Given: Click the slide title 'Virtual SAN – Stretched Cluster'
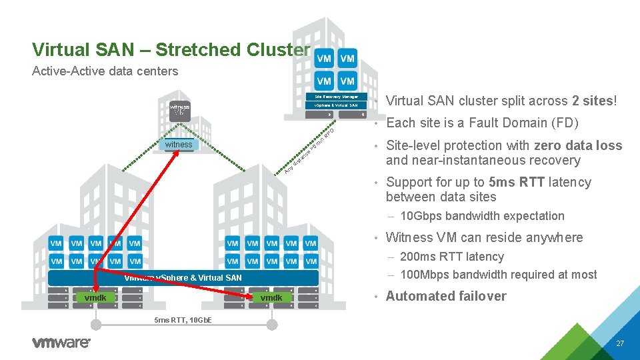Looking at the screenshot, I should tap(171, 50).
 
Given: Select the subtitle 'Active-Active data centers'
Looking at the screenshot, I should tap(105, 71).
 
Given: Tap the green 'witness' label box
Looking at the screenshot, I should tap(179, 145).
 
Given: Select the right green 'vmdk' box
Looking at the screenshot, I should tap(271, 297).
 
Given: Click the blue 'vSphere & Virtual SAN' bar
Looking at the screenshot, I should tap(183, 277).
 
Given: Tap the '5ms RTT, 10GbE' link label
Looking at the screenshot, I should tap(183, 321).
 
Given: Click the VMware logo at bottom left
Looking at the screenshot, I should tap(61, 343).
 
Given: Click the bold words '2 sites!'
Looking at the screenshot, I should tap(594, 101).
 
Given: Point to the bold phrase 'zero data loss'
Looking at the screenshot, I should tap(577, 145).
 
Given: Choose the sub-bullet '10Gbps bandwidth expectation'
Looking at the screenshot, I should tap(481, 216).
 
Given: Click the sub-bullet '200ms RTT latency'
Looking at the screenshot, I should tap(451, 257).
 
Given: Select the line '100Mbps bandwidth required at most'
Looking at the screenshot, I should tap(498, 275).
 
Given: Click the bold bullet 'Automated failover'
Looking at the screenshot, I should tap(446, 296).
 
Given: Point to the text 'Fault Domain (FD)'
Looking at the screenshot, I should tap(523, 123).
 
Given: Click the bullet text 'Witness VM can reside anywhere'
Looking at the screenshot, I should tap(484, 237).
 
